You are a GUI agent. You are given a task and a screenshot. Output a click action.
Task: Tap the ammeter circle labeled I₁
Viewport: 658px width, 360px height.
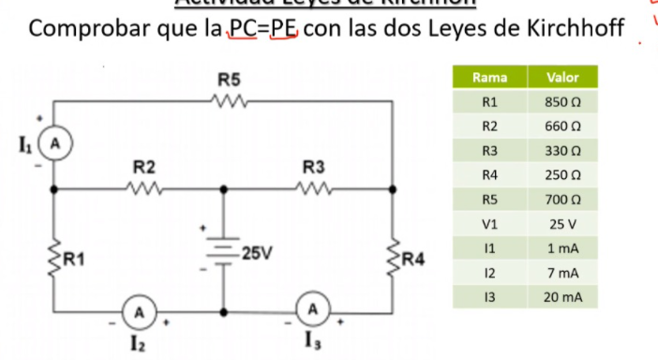tap(53, 144)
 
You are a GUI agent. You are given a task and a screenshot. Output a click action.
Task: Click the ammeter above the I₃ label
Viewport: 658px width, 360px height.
tap(313, 307)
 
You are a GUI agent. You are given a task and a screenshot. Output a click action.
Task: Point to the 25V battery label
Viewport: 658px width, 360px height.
tap(256, 253)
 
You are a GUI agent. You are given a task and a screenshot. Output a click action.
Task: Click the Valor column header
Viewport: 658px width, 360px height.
tap(562, 77)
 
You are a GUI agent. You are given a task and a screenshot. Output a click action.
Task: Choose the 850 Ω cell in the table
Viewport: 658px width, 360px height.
tap(562, 101)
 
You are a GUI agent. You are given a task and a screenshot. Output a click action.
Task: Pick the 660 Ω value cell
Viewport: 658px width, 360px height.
tap(562, 126)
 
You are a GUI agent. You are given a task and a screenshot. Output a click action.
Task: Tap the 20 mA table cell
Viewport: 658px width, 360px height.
tap(562, 296)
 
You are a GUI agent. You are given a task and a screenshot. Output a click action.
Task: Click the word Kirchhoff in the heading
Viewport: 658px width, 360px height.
tap(563, 29)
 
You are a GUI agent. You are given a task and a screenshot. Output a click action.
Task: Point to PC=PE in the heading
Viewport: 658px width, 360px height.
tap(257, 29)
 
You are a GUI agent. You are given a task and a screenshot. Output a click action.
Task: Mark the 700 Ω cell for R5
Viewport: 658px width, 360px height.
tap(562, 199)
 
